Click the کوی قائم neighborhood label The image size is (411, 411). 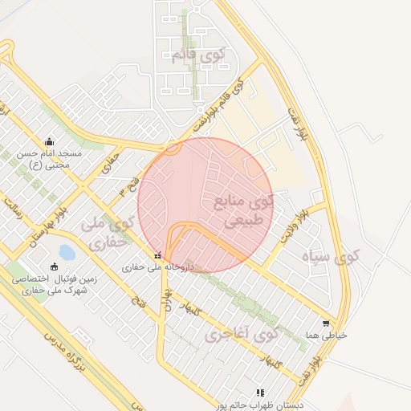point(199,56)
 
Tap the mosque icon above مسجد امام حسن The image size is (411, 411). point(50,140)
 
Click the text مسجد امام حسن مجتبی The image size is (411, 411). point(50,157)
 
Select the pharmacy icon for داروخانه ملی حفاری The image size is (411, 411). point(157,254)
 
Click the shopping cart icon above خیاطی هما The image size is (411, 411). point(325,324)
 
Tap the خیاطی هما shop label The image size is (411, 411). point(331,336)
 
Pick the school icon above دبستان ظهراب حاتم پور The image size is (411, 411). point(260,393)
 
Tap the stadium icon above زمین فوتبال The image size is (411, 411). point(54,267)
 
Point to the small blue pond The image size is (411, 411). point(66,254)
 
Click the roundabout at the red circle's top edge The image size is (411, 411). point(172,148)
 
